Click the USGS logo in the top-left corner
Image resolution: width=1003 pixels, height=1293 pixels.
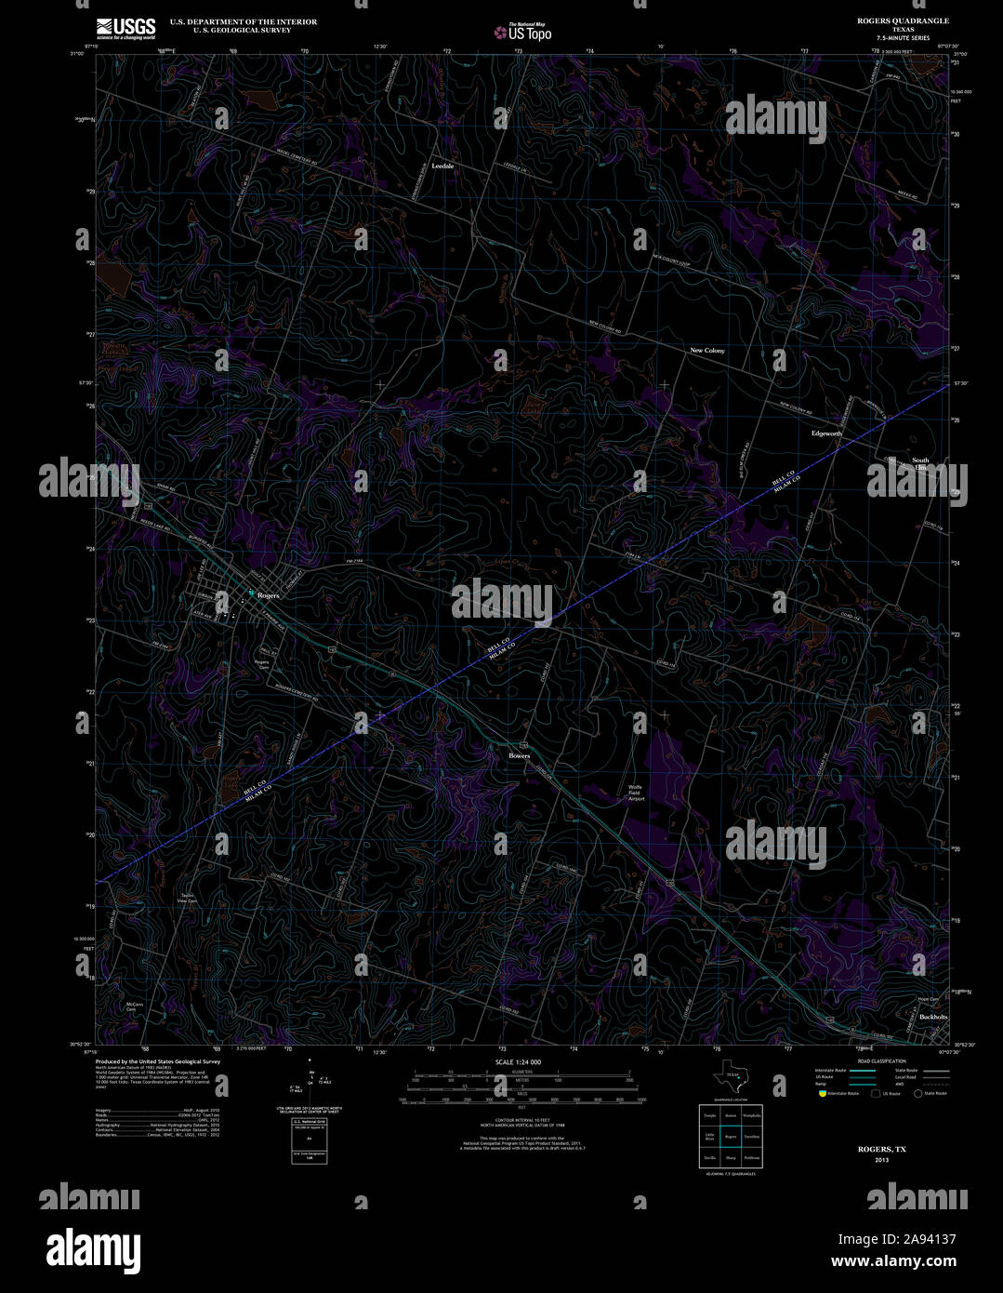coord(125,28)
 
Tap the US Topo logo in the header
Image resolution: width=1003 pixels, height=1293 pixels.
coord(522,32)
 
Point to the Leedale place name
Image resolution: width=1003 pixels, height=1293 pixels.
coord(442,166)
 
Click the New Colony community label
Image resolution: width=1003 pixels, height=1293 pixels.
coord(706,351)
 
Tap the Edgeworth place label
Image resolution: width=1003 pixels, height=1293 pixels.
coord(826,433)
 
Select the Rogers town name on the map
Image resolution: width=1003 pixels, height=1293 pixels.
coord(268,594)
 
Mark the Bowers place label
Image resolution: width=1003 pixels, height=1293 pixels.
coord(519,755)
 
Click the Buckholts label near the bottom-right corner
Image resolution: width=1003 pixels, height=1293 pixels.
coord(933,1018)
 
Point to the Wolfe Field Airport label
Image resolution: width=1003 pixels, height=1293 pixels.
coord(636,793)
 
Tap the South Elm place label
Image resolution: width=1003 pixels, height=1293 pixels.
coord(920,463)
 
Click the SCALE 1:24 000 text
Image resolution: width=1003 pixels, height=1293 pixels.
coord(518,1062)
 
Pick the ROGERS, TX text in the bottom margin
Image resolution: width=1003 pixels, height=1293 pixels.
coord(881,1150)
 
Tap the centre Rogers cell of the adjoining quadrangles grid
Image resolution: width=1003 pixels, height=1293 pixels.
coord(731,1136)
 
